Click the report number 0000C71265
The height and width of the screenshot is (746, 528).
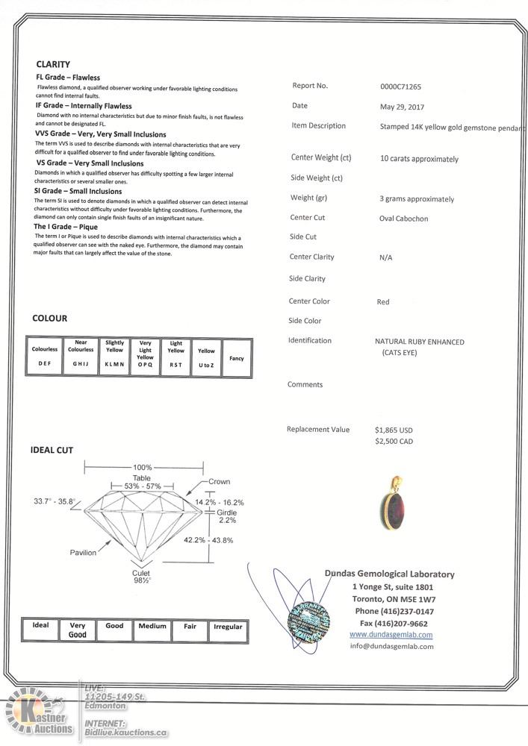(x=400, y=87)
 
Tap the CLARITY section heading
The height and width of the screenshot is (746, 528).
(x=53, y=64)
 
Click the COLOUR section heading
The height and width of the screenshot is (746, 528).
(x=49, y=319)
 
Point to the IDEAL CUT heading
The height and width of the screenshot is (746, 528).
(x=52, y=451)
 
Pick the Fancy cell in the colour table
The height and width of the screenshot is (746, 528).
(x=237, y=358)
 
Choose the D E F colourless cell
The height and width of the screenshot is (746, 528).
(x=45, y=363)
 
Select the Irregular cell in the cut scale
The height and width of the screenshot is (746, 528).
(x=228, y=627)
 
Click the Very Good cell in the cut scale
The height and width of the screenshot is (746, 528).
(x=78, y=630)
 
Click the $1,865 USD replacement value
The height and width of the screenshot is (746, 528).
(x=394, y=430)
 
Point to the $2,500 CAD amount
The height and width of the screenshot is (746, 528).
(x=394, y=442)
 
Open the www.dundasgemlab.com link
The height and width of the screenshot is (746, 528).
(x=391, y=635)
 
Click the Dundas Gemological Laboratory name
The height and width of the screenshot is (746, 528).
(x=389, y=574)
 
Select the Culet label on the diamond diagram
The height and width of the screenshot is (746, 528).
(x=141, y=572)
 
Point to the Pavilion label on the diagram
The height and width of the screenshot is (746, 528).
(x=83, y=553)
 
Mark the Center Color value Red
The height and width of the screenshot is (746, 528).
(x=383, y=302)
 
